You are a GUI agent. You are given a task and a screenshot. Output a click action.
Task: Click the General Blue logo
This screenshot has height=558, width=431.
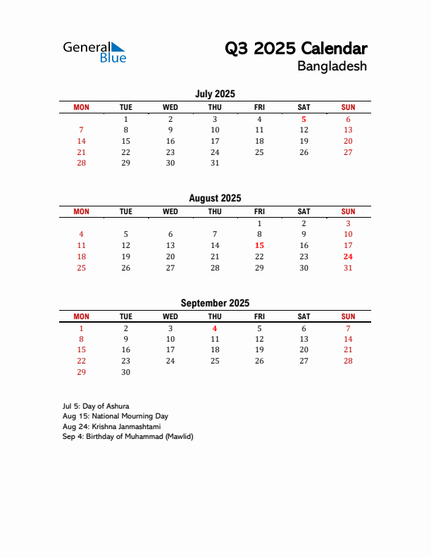94,52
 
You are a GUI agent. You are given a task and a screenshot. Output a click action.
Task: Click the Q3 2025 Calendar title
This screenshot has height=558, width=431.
296,49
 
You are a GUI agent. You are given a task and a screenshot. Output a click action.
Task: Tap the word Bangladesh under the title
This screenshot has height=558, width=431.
332,67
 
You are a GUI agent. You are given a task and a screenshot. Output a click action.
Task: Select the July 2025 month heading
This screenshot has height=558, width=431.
215,94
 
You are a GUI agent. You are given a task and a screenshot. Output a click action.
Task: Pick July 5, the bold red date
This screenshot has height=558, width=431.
304,119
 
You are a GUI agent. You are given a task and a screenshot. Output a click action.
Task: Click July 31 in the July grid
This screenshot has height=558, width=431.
215,163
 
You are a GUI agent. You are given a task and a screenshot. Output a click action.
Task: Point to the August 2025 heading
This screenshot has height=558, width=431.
215,199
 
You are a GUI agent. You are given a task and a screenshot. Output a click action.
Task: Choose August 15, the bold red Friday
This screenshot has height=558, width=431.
259,245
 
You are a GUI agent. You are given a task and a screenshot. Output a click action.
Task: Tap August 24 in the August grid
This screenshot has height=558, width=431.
348,256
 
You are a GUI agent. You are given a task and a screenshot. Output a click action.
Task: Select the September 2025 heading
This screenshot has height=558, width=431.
215,304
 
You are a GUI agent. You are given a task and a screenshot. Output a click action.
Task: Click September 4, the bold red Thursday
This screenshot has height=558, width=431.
215,328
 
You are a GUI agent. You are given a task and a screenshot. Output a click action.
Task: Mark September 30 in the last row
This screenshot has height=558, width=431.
125,372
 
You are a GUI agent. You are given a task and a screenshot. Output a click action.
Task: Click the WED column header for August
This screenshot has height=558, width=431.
170,211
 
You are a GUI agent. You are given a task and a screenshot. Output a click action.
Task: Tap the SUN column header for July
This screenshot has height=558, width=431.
348,107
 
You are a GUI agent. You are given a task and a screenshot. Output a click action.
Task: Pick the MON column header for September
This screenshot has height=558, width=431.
81,316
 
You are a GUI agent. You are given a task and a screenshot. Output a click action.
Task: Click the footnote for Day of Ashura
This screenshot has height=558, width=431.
96,407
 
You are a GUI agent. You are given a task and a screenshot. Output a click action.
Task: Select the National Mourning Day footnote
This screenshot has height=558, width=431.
115,416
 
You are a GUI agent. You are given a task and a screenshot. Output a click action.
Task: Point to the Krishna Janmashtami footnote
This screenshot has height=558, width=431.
111,426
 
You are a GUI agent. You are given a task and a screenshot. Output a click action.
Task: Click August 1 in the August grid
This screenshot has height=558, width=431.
259,223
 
